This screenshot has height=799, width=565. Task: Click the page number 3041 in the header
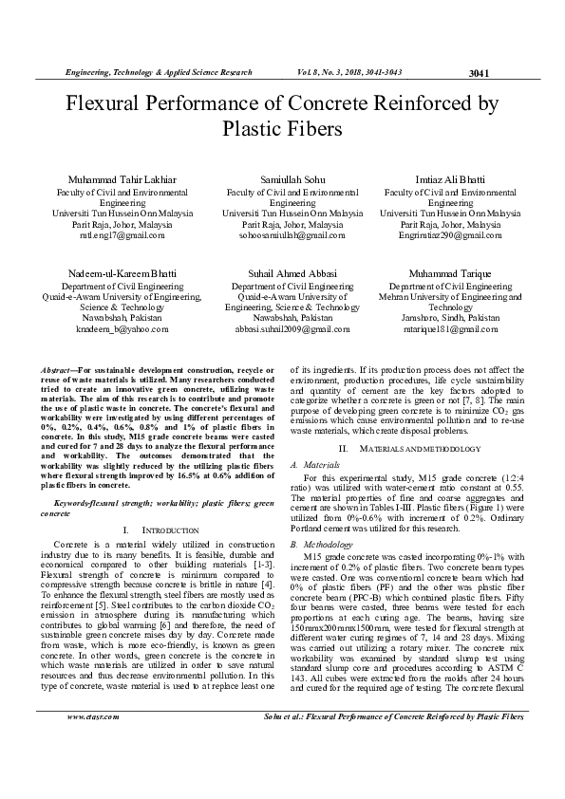click(x=479, y=74)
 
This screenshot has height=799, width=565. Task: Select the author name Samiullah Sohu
click(x=281, y=179)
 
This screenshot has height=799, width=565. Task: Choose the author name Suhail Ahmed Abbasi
click(x=281, y=273)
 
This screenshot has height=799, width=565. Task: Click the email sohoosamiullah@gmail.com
click(x=281, y=234)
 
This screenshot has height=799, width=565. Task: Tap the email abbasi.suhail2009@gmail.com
click(x=281, y=328)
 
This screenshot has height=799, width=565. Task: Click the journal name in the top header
click(x=158, y=72)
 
